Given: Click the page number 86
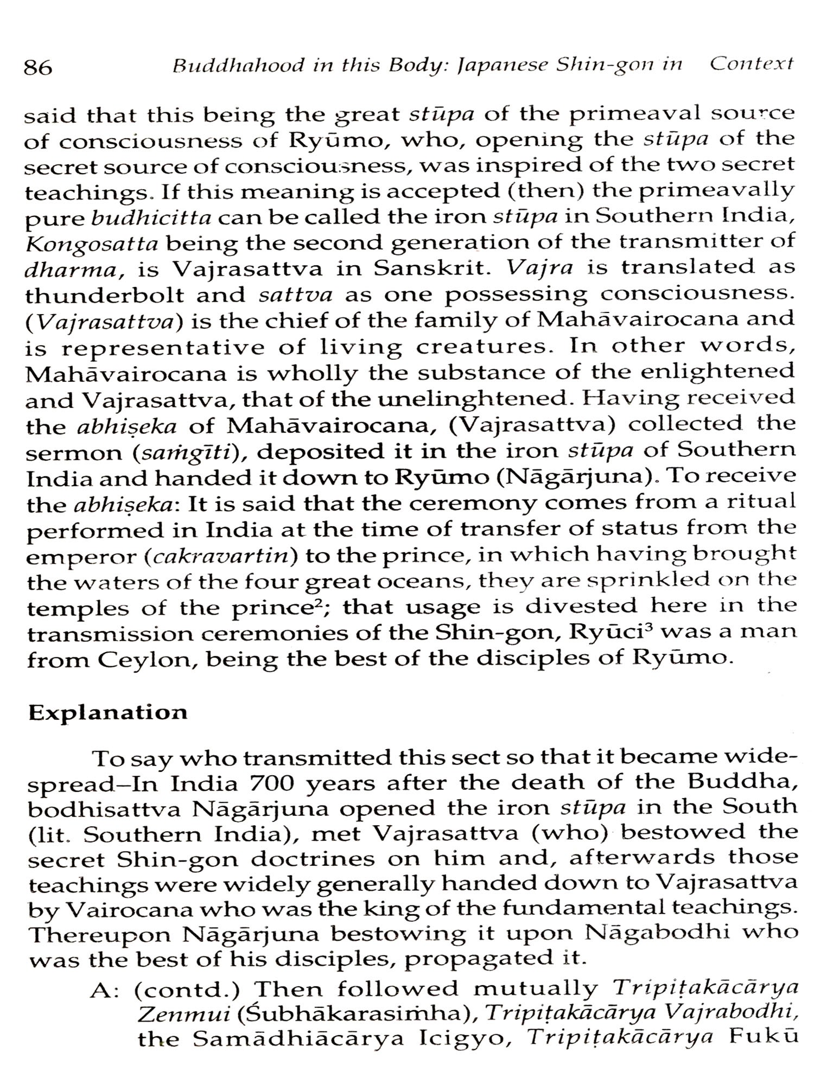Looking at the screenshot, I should [x=37, y=67].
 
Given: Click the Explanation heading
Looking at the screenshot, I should [x=107, y=712].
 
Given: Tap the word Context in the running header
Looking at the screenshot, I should [x=752, y=65].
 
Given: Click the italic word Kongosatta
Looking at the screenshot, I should [x=92, y=244].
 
